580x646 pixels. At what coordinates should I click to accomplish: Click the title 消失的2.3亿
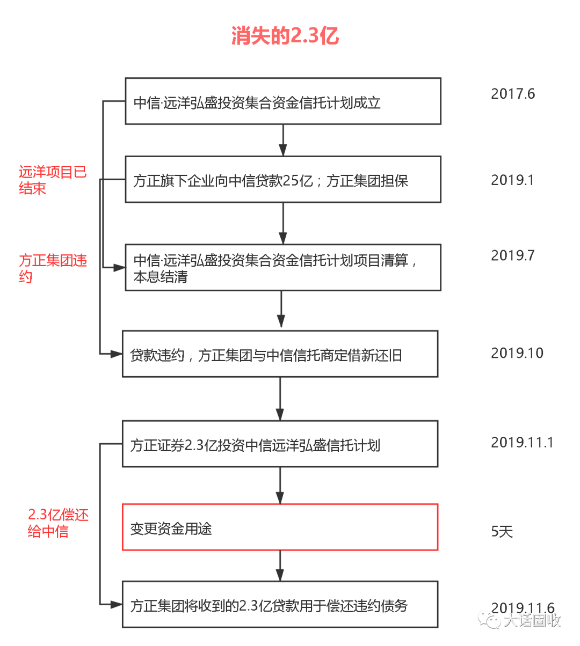(x=285, y=36)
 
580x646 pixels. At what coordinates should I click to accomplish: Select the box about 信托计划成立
(x=283, y=101)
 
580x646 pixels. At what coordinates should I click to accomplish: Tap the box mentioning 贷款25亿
(x=283, y=180)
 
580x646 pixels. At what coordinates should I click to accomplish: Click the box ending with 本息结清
(x=283, y=268)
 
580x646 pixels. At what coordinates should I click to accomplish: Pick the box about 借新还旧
(x=280, y=354)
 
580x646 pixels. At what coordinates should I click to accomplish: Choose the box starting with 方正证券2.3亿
(x=280, y=444)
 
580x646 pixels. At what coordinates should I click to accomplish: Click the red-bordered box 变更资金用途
(x=280, y=527)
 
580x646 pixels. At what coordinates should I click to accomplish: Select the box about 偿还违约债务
(x=280, y=605)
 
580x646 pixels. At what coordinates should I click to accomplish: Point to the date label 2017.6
(x=513, y=94)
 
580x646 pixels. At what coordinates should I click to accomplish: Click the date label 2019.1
(x=512, y=180)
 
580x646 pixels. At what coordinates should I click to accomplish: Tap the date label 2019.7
(x=513, y=255)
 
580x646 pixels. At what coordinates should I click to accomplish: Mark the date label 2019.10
(x=517, y=353)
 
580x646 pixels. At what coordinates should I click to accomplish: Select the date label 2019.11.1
(x=522, y=443)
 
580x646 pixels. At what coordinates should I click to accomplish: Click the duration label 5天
(x=502, y=531)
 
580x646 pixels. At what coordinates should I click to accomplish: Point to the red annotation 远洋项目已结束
(x=53, y=180)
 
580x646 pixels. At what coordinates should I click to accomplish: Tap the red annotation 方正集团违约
(x=53, y=268)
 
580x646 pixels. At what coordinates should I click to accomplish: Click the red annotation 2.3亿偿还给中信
(x=58, y=524)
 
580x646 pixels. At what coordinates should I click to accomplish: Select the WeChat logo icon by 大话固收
(x=489, y=620)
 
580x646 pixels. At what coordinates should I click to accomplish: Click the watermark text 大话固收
(x=532, y=620)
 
